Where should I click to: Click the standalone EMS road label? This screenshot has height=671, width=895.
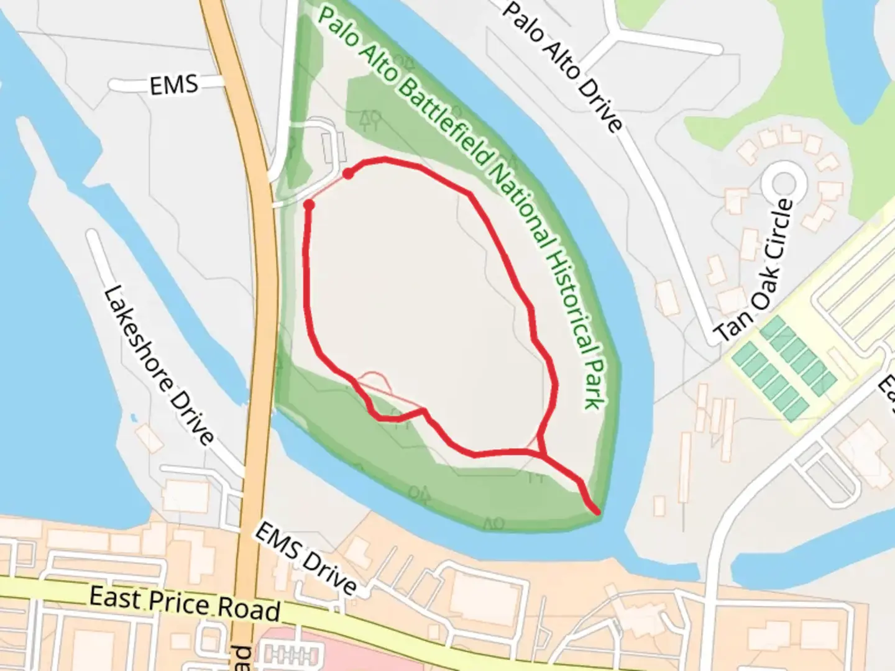[174, 84]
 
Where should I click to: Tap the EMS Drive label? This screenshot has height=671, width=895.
[306, 559]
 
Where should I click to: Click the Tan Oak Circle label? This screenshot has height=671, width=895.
[755, 271]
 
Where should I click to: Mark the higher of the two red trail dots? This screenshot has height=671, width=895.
[349, 174]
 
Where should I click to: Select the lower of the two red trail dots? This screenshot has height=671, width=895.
[308, 204]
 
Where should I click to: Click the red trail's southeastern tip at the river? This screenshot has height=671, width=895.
[598, 512]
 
